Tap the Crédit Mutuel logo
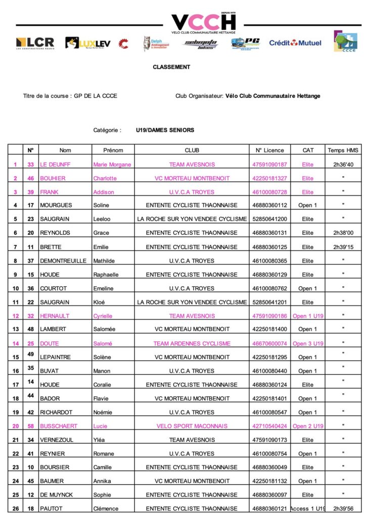click(x=295, y=43)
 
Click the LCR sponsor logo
click(x=35, y=43)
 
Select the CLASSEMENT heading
click(x=171, y=67)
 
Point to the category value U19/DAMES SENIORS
click(x=165, y=130)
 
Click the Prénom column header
click(x=113, y=150)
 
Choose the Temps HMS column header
click(x=343, y=150)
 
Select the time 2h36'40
click(x=343, y=165)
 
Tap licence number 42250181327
click(x=269, y=178)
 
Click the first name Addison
click(x=104, y=192)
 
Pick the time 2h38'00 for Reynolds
click(x=343, y=233)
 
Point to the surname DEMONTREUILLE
click(x=64, y=261)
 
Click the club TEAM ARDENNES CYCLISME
click(x=192, y=343)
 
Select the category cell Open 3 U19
click(x=308, y=343)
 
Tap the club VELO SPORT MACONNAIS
click(x=192, y=426)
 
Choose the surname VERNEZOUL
click(x=57, y=440)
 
